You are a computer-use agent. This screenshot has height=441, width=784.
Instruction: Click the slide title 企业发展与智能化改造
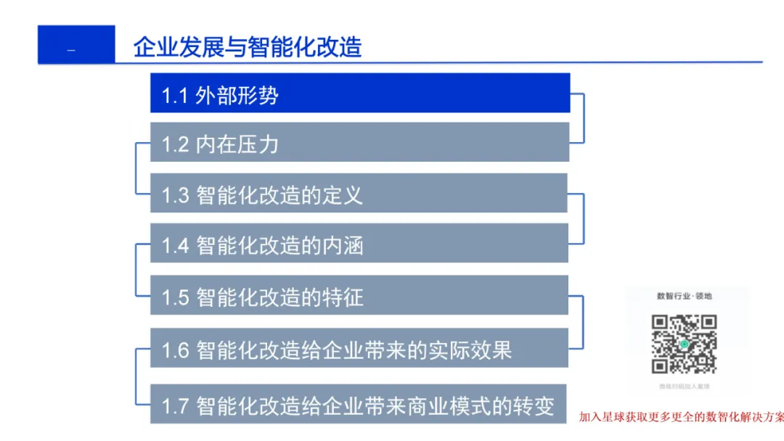[248, 46]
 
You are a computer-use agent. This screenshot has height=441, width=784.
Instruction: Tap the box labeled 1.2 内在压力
[359, 144]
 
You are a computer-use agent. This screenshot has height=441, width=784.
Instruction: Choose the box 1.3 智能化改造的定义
[359, 194]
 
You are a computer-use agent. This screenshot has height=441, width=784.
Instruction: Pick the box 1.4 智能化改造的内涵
[359, 245]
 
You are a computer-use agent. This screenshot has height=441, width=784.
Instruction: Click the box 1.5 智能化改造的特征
[359, 296]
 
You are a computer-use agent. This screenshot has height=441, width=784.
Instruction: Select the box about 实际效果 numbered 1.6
[359, 350]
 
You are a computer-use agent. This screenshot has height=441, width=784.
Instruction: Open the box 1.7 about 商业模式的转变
[359, 405]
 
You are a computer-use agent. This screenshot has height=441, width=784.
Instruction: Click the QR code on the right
[684, 344]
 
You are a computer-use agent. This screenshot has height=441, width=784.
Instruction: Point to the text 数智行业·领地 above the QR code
[684, 296]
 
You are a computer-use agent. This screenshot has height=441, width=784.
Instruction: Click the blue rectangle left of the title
[76, 45]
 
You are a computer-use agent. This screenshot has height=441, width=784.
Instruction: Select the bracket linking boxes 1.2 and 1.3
[137, 168]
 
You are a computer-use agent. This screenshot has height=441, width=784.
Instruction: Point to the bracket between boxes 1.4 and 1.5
[137, 270]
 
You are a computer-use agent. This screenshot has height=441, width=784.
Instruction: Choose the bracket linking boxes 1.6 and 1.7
[137, 376]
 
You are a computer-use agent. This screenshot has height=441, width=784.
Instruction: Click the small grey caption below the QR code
[684, 387]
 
